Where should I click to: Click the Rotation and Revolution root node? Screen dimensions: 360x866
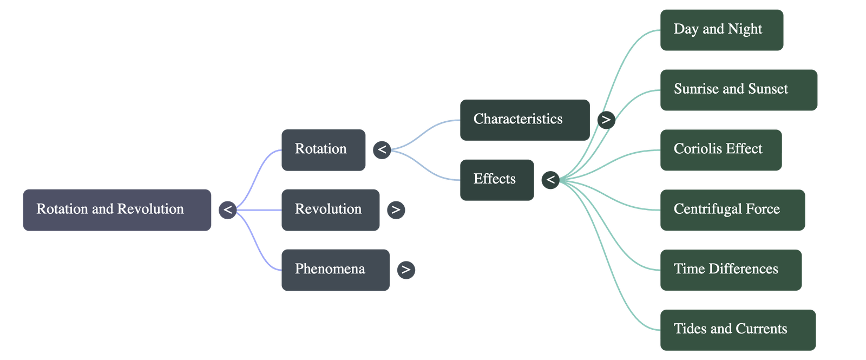[117, 210]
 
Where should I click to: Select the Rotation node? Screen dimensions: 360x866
[323, 149]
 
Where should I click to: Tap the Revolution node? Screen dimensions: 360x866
[330, 210]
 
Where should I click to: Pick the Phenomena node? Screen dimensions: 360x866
[335, 270]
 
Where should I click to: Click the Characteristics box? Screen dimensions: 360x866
[524, 120]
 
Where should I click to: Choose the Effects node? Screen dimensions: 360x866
[497, 179]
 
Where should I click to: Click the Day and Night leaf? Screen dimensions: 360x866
[721, 30]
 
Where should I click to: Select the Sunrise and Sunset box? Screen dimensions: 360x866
[739, 90]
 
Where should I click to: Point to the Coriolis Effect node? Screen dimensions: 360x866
[721, 149]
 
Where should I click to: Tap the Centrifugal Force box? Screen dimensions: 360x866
[732, 210]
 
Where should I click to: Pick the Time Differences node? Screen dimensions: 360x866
[731, 270]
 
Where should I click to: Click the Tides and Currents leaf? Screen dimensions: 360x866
[738, 330]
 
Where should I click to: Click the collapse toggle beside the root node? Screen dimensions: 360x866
[228, 210]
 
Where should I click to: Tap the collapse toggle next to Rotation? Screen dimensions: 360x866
[382, 149]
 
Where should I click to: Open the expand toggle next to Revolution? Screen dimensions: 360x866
[396, 210]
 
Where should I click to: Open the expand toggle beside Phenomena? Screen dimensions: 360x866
[406, 270]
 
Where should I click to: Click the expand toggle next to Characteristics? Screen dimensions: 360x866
[606, 120]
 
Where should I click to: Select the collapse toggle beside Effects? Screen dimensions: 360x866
[550, 179]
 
